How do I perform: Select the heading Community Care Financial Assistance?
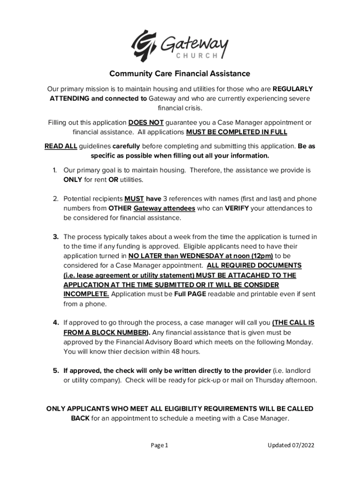(180, 74)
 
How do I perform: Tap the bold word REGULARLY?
(293, 89)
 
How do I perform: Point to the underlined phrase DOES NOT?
(146, 123)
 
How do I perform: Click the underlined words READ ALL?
(61, 146)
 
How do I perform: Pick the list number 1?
(55, 170)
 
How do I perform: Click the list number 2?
(55, 199)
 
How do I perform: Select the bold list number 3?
(55, 237)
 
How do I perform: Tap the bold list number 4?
(55, 323)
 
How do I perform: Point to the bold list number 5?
(55, 370)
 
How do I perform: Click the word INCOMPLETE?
(86, 294)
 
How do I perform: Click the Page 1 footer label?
(159, 445)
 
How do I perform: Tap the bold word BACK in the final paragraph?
(80, 418)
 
